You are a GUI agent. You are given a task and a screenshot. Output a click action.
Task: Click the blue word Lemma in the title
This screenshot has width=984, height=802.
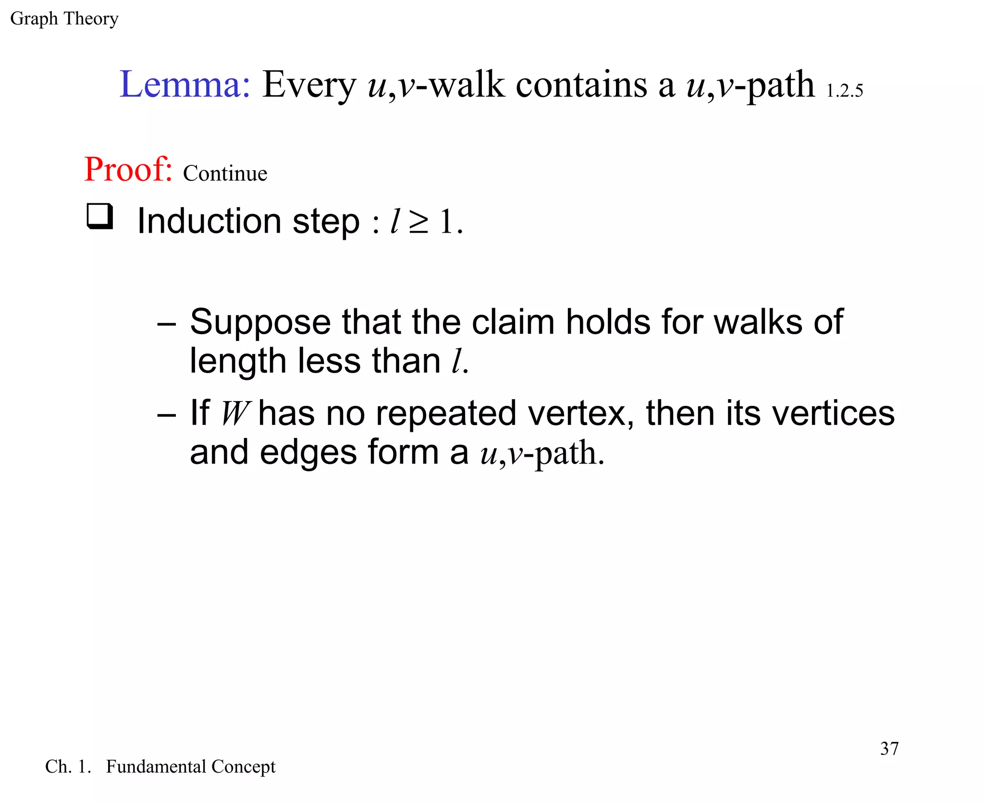click(184, 85)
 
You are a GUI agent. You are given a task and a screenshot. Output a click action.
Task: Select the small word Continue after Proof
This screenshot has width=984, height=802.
click(225, 174)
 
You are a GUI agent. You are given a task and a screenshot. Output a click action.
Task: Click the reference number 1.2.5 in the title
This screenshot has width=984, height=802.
click(845, 91)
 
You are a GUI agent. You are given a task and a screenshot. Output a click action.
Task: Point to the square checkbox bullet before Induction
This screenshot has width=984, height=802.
click(100, 216)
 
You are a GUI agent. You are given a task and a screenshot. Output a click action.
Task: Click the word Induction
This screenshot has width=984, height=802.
click(209, 221)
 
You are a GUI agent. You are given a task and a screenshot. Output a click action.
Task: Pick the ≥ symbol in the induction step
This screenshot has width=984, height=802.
click(418, 222)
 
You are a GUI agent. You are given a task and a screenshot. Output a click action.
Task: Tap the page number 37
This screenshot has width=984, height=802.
click(889, 749)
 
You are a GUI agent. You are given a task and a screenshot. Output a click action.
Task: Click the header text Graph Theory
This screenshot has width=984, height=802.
click(64, 19)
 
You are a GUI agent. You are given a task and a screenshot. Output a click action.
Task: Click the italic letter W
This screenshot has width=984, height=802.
click(235, 413)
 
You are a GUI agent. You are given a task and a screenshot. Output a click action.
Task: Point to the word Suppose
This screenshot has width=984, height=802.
click(260, 322)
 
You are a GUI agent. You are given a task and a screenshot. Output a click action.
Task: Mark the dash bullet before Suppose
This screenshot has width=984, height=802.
click(166, 324)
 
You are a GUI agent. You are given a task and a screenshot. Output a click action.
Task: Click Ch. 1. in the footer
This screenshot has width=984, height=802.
click(68, 766)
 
